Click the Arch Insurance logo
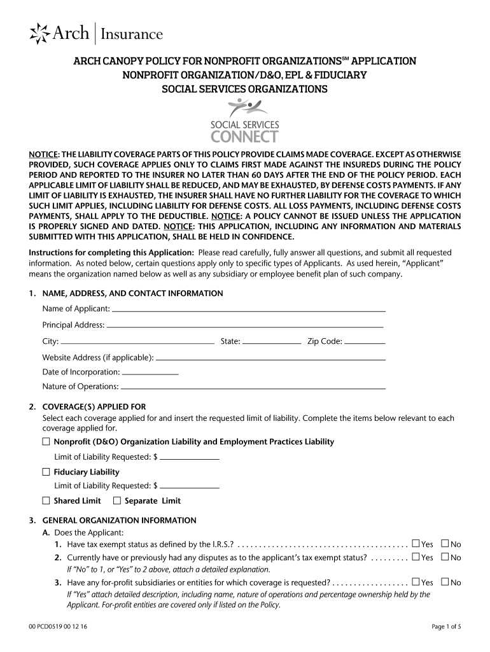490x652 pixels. pos(97,34)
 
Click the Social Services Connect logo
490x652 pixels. pos(244,121)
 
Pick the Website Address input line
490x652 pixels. pos(271,357)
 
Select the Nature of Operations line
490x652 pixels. pos(253,386)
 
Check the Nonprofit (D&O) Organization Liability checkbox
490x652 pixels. pos(46,441)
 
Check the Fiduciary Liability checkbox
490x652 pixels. pos(46,472)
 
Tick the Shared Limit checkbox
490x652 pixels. pos(46,500)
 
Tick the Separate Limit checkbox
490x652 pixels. pos(116,500)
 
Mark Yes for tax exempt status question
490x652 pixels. pos(416,544)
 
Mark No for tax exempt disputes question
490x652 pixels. pos(445,557)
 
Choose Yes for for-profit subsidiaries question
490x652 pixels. pos(416,582)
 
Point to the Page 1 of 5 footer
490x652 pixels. pos(446,627)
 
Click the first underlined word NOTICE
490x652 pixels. pos(43,155)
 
